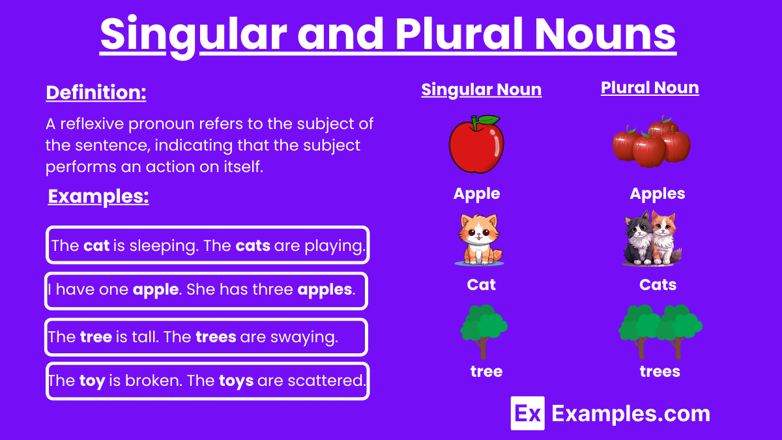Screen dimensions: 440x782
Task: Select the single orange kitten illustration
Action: pyautogui.click(x=478, y=239)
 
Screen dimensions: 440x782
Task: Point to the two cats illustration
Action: pyautogui.click(x=651, y=238)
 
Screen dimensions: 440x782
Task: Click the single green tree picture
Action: pyautogui.click(x=483, y=330)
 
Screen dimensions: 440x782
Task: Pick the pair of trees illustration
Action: pyautogui.click(x=659, y=330)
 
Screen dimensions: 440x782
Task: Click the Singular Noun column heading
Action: pyautogui.click(x=481, y=90)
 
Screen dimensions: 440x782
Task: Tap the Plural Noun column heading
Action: pyautogui.click(x=650, y=88)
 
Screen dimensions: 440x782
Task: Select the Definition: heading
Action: pyautogui.click(x=96, y=93)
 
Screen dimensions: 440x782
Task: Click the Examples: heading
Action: pyautogui.click(x=98, y=197)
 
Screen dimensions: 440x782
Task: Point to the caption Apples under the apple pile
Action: pyautogui.click(x=657, y=194)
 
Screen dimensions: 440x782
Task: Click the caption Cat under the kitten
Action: pyautogui.click(x=481, y=285)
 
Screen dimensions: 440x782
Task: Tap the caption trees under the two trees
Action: pyautogui.click(x=659, y=372)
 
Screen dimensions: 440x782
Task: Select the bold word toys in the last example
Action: pyautogui.click(x=236, y=380)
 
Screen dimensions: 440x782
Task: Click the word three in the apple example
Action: pyautogui.click(x=272, y=289)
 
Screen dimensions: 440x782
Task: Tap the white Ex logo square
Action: pyautogui.click(x=527, y=413)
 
